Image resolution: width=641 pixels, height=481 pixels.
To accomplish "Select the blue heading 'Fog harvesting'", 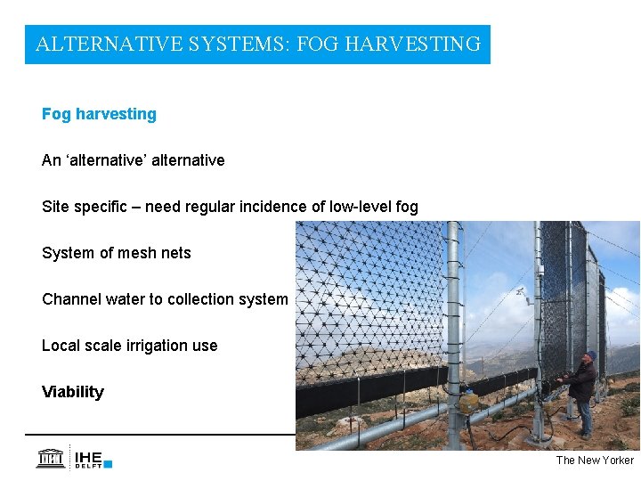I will [99, 114].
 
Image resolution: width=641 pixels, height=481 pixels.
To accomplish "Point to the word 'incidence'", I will [272, 207].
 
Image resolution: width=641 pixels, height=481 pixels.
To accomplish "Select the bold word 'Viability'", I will [73, 392].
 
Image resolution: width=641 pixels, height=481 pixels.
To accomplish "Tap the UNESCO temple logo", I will [50, 459].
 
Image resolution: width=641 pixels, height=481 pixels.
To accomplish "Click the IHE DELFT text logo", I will [88, 458].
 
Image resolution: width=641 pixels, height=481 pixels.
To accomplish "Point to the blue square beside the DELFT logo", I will [108, 463].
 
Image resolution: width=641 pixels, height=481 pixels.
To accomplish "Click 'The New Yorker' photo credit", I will [595, 460].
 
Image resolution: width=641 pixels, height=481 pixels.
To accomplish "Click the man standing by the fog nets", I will [583, 392].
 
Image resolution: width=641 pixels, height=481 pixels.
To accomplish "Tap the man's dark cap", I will [589, 355].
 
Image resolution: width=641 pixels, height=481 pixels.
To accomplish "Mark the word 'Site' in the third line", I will [56, 207].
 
